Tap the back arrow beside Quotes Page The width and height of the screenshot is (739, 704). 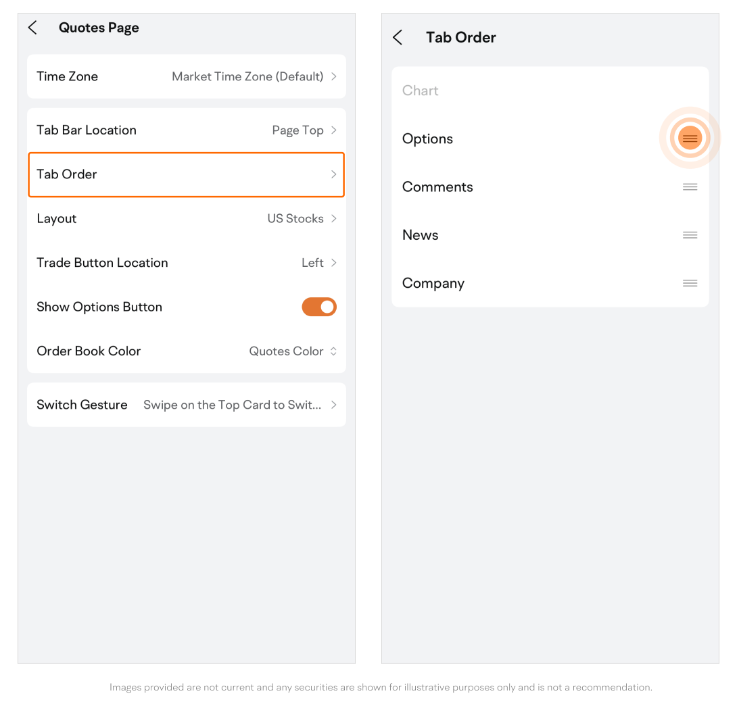32,27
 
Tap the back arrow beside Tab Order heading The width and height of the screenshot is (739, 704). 398,37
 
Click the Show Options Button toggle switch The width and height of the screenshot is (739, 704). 319,307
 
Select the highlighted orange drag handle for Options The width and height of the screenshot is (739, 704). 690,138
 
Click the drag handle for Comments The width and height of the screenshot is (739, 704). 690,187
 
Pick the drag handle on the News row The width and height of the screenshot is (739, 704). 690,235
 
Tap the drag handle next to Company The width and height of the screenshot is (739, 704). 690,283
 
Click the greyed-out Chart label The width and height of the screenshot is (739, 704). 420,91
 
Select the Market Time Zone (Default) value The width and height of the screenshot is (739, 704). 247,76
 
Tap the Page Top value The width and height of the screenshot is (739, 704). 298,130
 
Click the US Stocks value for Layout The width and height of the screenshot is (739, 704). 295,218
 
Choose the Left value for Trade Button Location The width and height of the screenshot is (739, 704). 312,263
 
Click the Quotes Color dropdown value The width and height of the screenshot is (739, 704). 286,351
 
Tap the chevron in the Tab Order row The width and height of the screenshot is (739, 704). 334,174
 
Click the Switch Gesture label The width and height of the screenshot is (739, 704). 82,405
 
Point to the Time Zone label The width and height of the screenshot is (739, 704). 68,76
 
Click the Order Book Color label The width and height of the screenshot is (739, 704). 89,351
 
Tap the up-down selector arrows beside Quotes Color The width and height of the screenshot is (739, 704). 334,351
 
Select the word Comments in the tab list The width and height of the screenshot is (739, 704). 437,187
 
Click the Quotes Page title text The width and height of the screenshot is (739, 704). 99,28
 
